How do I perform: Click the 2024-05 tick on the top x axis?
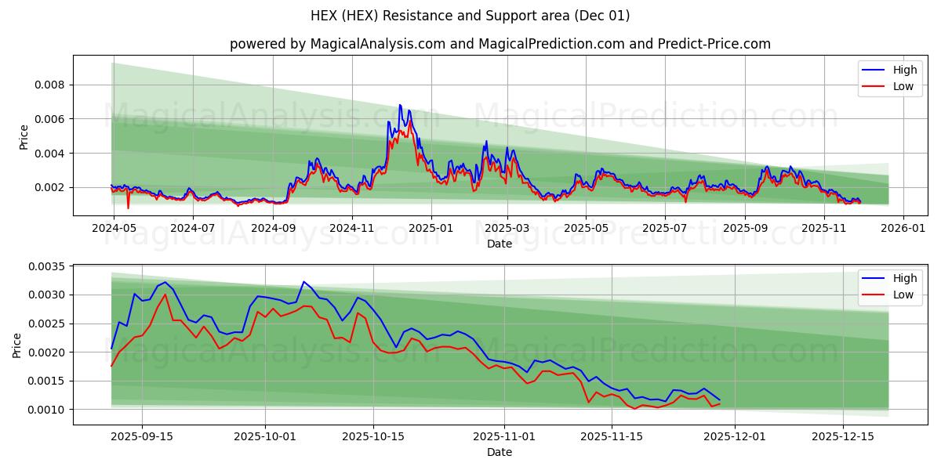(x=114, y=227)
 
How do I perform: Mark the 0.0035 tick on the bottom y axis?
(x=48, y=266)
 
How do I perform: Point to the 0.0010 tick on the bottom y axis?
(x=48, y=410)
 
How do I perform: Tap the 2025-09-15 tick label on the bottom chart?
(x=142, y=436)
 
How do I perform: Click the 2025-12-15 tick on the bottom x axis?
(x=842, y=436)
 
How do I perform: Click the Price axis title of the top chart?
(x=24, y=137)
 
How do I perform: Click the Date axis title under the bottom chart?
(x=500, y=452)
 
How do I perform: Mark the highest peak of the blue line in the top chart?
(x=400, y=105)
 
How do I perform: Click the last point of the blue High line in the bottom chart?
(x=719, y=399)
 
